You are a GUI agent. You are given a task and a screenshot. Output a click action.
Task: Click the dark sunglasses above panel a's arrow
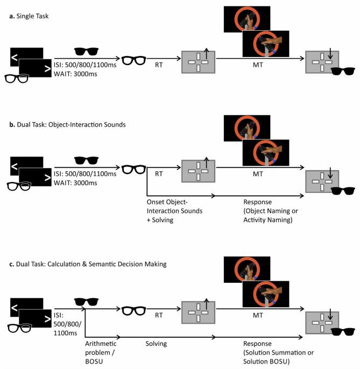87,51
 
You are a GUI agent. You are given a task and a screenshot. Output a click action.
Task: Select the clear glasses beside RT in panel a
135,60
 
